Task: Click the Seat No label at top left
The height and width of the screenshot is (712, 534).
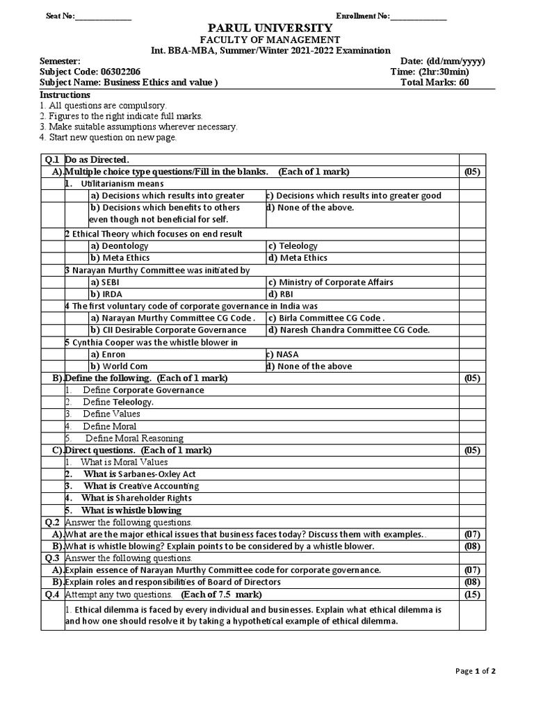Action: point(59,16)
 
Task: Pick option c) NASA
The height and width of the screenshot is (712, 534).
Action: point(285,355)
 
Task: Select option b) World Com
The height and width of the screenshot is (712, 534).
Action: point(119,366)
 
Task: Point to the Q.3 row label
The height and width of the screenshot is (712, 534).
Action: point(52,558)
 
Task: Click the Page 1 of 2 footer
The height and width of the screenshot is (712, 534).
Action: point(476,671)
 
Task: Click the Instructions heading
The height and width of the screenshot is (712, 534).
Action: point(65,95)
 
